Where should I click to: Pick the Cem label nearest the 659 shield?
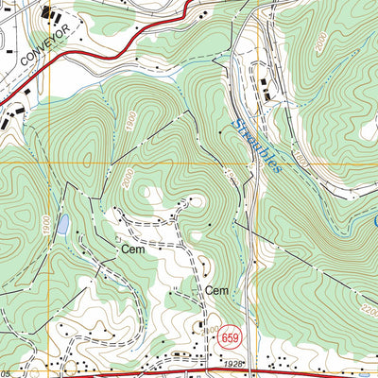pyautogui.click(x=218, y=290)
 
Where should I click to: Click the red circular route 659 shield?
pyautogui.click(x=229, y=335)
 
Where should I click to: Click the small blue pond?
pyautogui.click(x=62, y=224)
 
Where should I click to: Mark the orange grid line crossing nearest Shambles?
pyautogui.click(x=255, y=163)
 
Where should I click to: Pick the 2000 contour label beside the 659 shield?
pyautogui.click(x=206, y=331)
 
